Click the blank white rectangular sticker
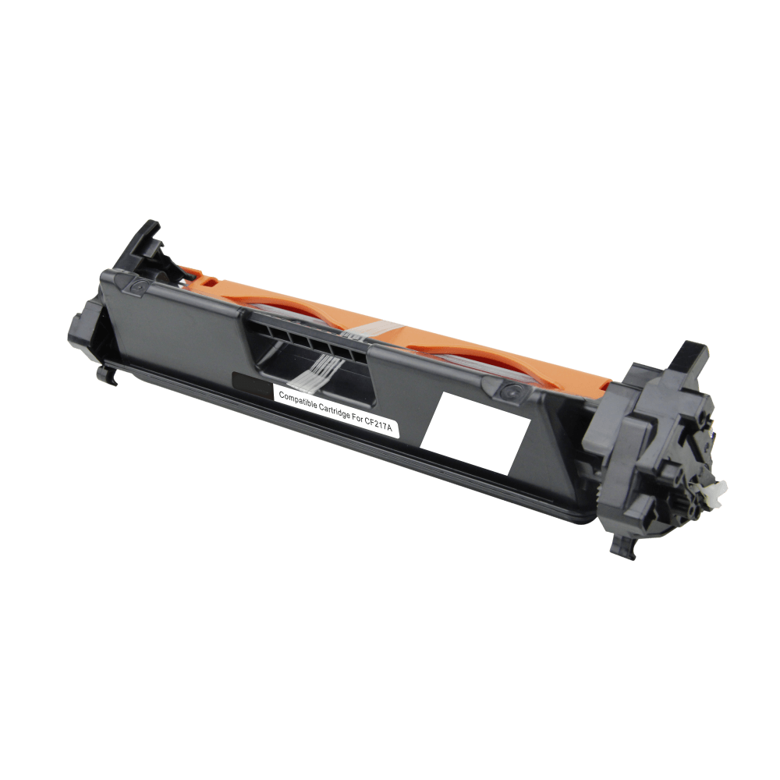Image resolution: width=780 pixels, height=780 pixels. coord(475,433)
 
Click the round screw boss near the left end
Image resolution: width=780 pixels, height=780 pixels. coord(138,286)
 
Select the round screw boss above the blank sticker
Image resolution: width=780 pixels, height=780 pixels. coord(509,391)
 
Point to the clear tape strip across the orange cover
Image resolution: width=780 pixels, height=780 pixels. coord(375,330)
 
